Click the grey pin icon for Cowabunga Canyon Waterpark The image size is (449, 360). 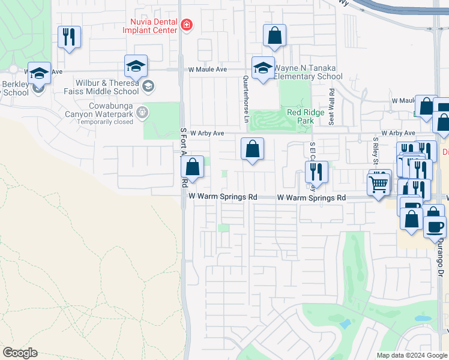[x=142, y=111]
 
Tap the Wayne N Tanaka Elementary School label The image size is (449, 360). [x=309, y=72]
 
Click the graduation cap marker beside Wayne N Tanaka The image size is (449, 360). [x=263, y=68]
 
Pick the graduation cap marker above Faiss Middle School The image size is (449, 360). [x=136, y=66]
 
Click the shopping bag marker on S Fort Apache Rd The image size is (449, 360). [x=193, y=166]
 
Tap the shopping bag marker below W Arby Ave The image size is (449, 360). [x=253, y=149]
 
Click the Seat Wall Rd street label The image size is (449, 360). [x=331, y=106]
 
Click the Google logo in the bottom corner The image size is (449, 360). [x=20, y=353]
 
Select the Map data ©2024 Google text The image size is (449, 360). [x=411, y=355]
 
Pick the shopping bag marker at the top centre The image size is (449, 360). [x=274, y=35]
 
